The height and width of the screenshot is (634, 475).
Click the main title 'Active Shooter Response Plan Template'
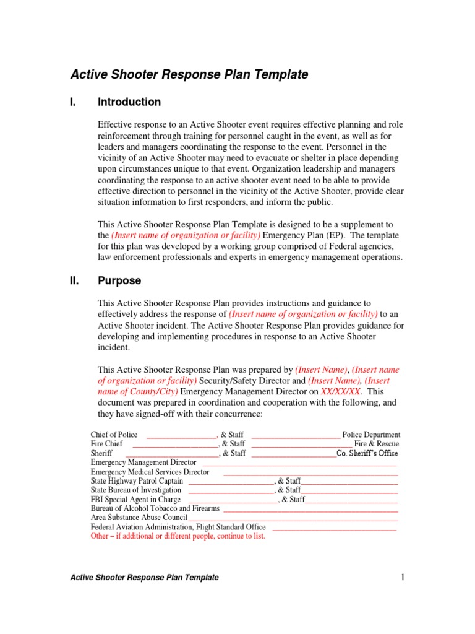[x=189, y=75]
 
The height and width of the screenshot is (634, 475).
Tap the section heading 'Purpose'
[x=119, y=281]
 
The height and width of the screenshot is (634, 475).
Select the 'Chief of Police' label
[x=114, y=435]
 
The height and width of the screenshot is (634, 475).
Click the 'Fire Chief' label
[x=106, y=444]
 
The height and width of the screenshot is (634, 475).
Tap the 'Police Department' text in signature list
[x=371, y=435]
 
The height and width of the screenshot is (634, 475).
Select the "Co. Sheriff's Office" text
[x=367, y=453]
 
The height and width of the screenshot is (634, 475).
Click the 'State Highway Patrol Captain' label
[x=137, y=481]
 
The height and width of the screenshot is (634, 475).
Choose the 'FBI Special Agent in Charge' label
[x=135, y=499]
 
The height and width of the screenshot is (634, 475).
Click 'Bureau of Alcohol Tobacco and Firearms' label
[x=155, y=508]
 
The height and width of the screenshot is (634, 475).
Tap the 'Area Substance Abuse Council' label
[x=139, y=518]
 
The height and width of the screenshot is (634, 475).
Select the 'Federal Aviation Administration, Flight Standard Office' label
[x=178, y=527]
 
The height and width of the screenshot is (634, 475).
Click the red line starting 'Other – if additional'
[x=178, y=536]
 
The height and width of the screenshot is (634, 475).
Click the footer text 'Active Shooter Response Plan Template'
[x=144, y=578]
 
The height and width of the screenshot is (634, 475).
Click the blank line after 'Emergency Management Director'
[x=299, y=463]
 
